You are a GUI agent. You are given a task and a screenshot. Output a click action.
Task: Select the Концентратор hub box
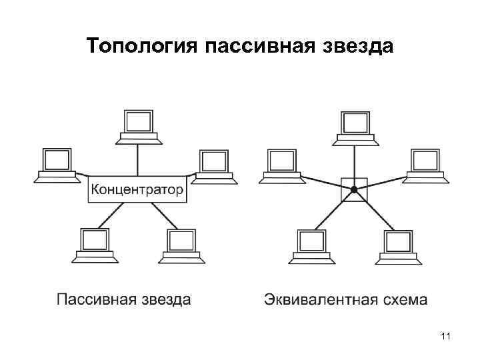coord(138,190)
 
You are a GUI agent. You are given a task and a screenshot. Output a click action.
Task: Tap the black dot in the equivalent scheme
coord(355,190)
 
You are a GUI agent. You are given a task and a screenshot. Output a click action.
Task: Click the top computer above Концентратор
coord(138,126)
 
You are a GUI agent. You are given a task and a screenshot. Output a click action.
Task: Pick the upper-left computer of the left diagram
coord(56,165)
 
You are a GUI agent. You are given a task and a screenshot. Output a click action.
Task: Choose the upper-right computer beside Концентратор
coord(213,165)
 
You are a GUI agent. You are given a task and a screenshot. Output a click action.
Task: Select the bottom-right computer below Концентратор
coord(181,245)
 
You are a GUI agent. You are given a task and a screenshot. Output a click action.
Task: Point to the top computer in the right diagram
coord(354,126)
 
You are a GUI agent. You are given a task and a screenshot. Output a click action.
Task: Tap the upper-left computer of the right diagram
coord(280,165)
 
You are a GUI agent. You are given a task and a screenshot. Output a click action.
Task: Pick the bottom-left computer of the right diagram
coord(311,245)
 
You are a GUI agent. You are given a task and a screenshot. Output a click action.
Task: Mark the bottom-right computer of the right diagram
coord(398,245)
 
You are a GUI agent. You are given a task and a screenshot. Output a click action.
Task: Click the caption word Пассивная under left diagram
coord(96,299)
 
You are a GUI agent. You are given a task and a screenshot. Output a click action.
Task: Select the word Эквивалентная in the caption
coord(312,299)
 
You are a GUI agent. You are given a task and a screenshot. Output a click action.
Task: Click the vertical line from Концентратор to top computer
coord(138,160)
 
